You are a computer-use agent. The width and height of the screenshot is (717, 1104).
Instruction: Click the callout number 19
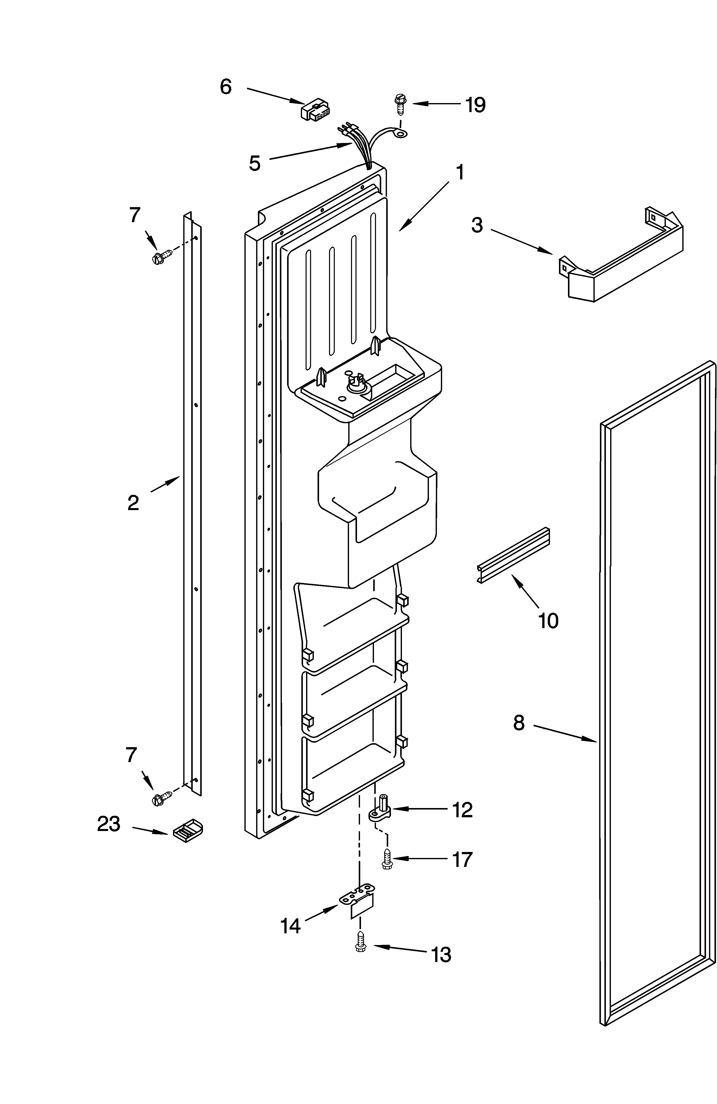[x=475, y=105]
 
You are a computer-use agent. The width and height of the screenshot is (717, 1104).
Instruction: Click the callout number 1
[x=459, y=172]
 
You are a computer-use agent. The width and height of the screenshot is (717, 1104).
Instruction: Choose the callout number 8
[x=519, y=723]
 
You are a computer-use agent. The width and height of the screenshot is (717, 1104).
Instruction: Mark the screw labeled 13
[x=360, y=942]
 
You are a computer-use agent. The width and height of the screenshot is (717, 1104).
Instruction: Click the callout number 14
[x=291, y=926]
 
